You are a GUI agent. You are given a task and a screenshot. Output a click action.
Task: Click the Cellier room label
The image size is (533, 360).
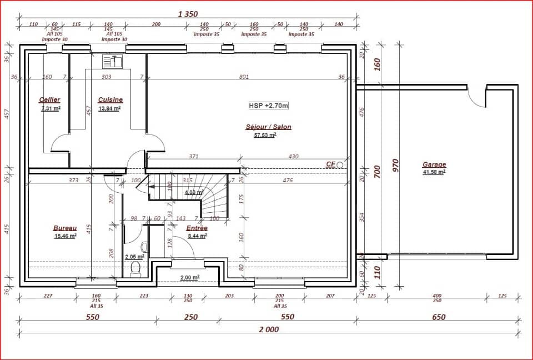tap(49, 100)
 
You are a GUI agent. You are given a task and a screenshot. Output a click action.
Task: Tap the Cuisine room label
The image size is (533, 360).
tap(110, 100)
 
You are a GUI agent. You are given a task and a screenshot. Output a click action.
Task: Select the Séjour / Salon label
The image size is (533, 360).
tap(268, 127)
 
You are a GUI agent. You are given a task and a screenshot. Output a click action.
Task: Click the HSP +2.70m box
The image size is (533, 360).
tap(269, 105)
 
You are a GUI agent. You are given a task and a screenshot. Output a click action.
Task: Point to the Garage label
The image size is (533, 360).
tap(434, 165)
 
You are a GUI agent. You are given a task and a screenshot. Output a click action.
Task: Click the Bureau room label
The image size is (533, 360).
tap(65, 228)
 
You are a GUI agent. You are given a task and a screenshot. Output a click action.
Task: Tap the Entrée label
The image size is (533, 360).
tap(197, 228)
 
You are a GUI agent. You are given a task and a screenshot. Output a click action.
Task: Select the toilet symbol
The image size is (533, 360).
tap(134, 270)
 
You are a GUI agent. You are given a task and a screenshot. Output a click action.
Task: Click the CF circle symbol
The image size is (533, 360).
tap(340, 165)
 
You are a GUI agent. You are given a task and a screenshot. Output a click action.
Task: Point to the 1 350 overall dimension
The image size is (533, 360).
tap(188, 14)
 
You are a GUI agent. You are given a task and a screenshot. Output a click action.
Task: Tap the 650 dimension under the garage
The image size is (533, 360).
tap(438, 317)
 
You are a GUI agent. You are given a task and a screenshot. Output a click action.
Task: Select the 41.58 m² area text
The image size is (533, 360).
tap(434, 172)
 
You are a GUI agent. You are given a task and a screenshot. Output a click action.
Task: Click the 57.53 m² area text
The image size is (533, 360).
tap(265, 134)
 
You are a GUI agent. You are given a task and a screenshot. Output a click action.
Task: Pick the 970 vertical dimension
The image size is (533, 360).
tap(395, 165)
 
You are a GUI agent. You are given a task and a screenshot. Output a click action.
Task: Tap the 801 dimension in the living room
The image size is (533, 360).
tap(244, 77)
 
